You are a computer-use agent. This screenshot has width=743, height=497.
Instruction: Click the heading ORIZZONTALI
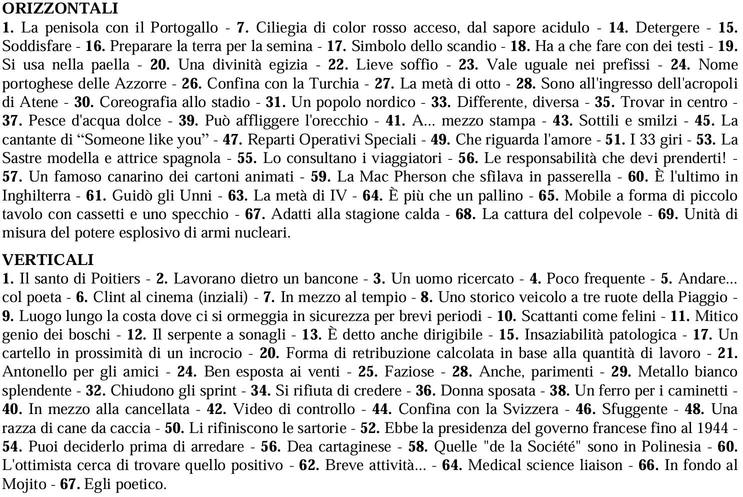[x=60, y=8]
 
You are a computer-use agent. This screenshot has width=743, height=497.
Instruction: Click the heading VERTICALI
[x=48, y=259]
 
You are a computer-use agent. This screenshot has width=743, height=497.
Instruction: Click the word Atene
[x=39, y=102]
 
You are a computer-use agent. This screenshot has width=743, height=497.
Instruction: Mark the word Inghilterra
[x=36, y=195]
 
